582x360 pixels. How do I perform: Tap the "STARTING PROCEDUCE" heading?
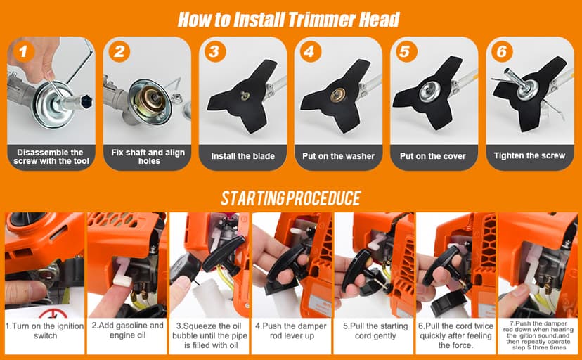[x=290, y=198]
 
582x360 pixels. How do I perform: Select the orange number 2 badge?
[x=119, y=51]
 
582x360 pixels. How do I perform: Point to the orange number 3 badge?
[x=215, y=51]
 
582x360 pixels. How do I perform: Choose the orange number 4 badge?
[x=311, y=51]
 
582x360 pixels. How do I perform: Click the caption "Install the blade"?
[x=242, y=156]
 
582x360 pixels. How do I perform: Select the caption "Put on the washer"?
[x=338, y=156]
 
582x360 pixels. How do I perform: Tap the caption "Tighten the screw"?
[x=529, y=155]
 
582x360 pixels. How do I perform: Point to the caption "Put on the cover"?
[x=433, y=156]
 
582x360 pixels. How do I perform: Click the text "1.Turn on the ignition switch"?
[x=43, y=331]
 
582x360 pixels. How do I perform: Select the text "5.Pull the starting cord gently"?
[x=375, y=331]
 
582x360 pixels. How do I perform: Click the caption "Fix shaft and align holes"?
[x=145, y=156]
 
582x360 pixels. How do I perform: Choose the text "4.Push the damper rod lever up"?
[x=292, y=331]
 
